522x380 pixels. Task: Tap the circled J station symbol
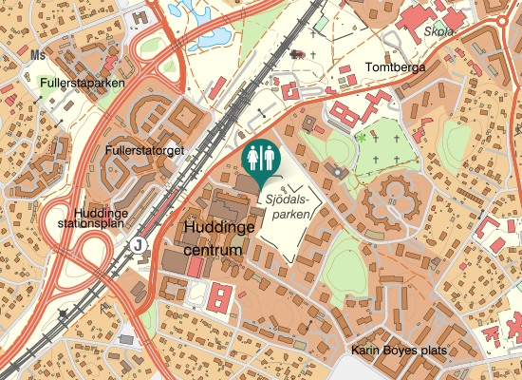140,244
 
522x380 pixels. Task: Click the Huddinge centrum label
219,239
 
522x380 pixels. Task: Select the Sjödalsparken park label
287,208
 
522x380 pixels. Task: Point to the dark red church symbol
300,54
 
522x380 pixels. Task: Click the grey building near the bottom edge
126,338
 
